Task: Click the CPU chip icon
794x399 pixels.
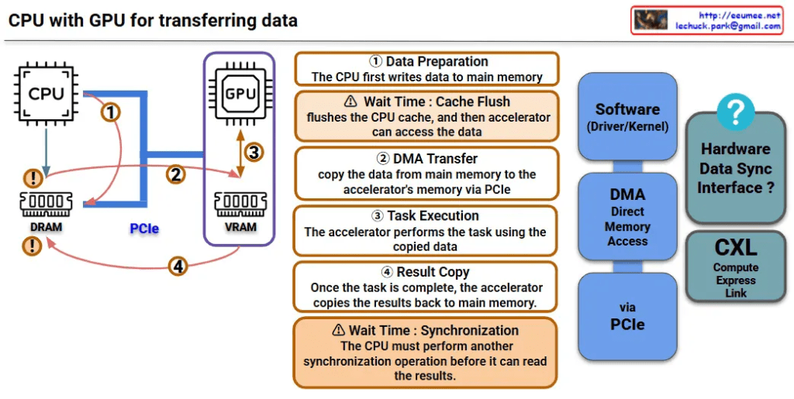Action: coord(46,94)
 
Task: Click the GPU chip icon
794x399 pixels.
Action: coord(239,94)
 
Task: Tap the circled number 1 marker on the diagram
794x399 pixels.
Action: coord(112,112)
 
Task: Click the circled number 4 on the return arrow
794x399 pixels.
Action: coord(179,267)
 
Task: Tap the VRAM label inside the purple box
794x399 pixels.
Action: coord(239,228)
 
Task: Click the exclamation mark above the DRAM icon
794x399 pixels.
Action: coord(33,177)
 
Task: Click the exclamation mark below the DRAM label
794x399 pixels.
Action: coord(32,247)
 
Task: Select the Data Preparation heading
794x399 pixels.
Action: coord(426,62)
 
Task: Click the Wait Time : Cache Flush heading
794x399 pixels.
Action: coord(426,102)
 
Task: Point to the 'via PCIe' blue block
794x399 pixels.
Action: coord(627,316)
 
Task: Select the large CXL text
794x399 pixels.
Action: coord(736,249)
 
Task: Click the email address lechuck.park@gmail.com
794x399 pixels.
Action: coord(728,26)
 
